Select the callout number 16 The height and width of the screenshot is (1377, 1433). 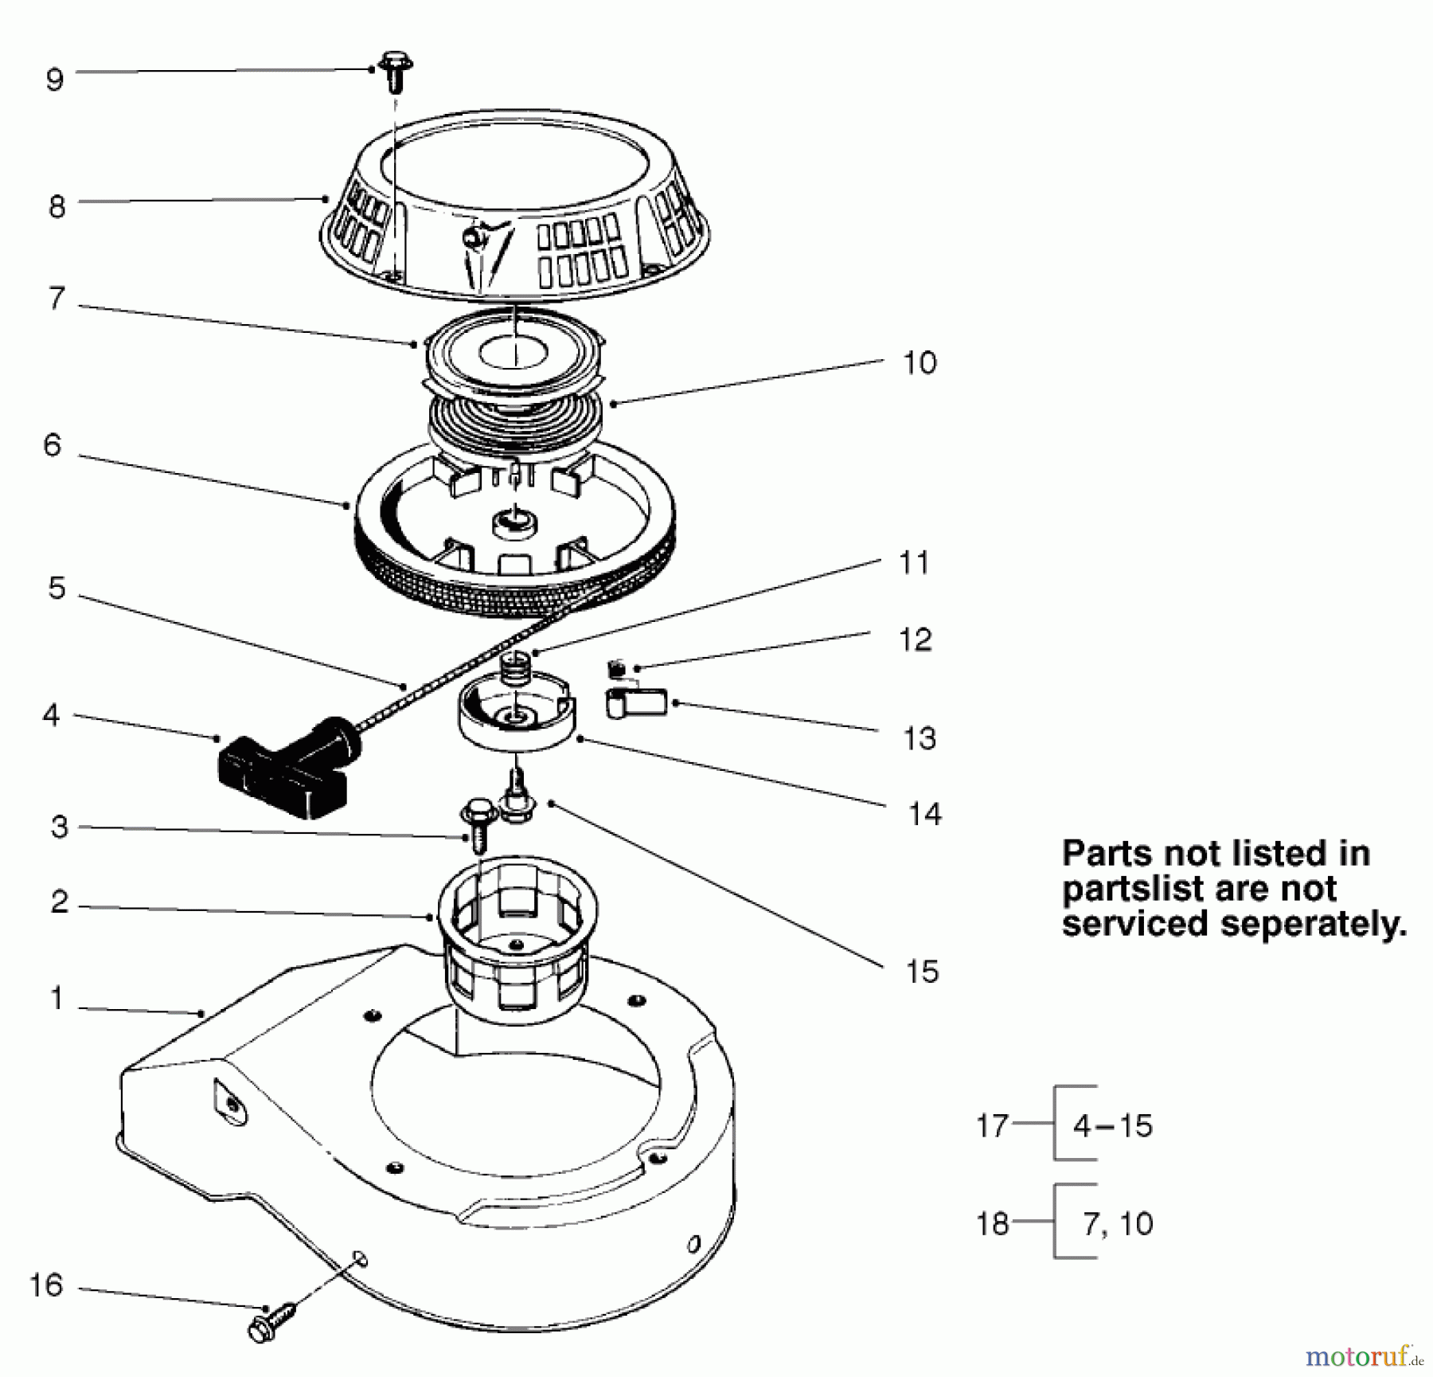[x=45, y=1285]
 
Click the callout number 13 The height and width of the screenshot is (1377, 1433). [x=920, y=738]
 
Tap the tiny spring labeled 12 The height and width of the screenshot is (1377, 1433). [x=615, y=665]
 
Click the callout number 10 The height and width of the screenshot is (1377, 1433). [x=920, y=363]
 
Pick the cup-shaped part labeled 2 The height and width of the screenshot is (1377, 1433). [x=517, y=945]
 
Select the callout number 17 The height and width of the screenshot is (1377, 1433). [x=993, y=1126]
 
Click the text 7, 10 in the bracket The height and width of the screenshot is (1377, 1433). [x=1118, y=1223]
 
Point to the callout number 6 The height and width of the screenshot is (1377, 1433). [x=52, y=445]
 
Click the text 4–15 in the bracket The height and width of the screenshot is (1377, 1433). [x=1113, y=1125]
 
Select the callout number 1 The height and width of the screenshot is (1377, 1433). [x=56, y=998]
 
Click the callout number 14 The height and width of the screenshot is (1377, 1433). [x=924, y=814]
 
